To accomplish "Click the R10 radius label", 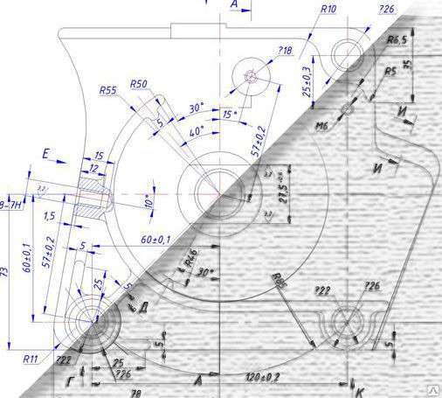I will point(328,8).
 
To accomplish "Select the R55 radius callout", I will point(108,90).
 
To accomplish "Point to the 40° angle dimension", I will point(197,130).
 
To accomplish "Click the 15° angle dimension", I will point(228,115).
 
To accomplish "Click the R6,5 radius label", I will point(398,40).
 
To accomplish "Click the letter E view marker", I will point(45,155).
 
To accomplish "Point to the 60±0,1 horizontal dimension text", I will point(155,238).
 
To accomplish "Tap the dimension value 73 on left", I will point(9,276).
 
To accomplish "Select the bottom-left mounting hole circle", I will point(90,322).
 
